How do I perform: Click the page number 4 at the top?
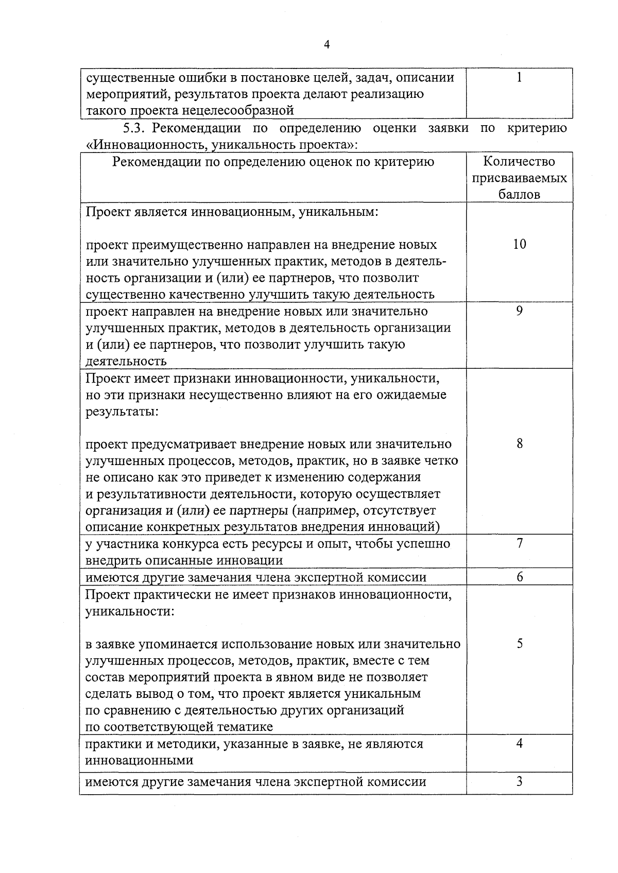[x=327, y=45]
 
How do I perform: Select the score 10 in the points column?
[x=520, y=244]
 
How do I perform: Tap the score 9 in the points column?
[x=519, y=311]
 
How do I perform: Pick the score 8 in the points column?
[x=520, y=443]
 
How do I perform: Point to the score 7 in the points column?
[x=520, y=543]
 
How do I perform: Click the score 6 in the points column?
[x=520, y=577]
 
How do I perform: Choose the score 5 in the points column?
[x=520, y=643]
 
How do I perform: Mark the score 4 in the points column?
[x=520, y=743]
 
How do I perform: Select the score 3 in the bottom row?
[x=520, y=781]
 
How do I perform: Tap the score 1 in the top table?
[x=519, y=77]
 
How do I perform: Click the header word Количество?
[x=519, y=162]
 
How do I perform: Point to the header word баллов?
[x=519, y=195]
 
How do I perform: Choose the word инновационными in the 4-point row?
[x=139, y=760]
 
